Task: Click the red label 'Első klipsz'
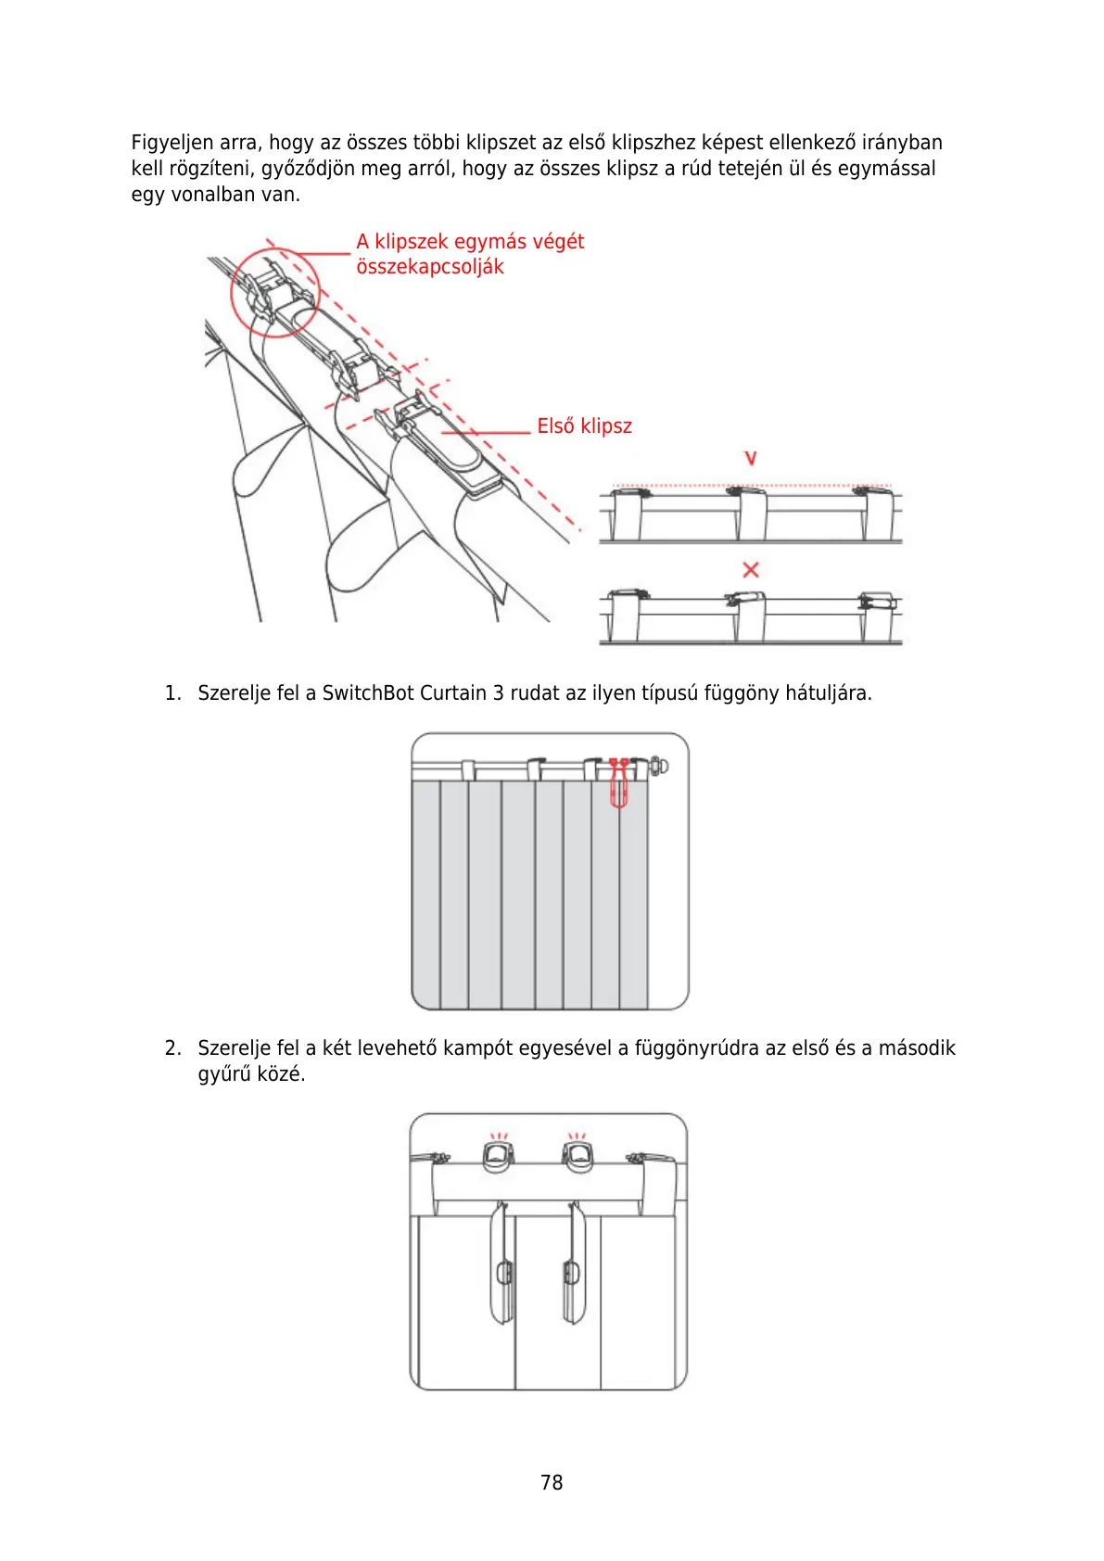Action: [584, 426]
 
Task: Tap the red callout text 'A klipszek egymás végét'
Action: [470, 242]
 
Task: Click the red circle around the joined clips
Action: [274, 291]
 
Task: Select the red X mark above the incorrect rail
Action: [751, 569]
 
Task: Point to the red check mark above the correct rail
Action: [751, 458]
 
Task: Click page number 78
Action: [552, 1482]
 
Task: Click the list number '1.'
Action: [172, 693]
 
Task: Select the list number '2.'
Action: [172, 1048]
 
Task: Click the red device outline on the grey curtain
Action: [618, 783]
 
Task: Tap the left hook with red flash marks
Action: [498, 1153]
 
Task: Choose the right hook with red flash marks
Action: [577, 1153]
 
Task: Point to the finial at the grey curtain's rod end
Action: [658, 766]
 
